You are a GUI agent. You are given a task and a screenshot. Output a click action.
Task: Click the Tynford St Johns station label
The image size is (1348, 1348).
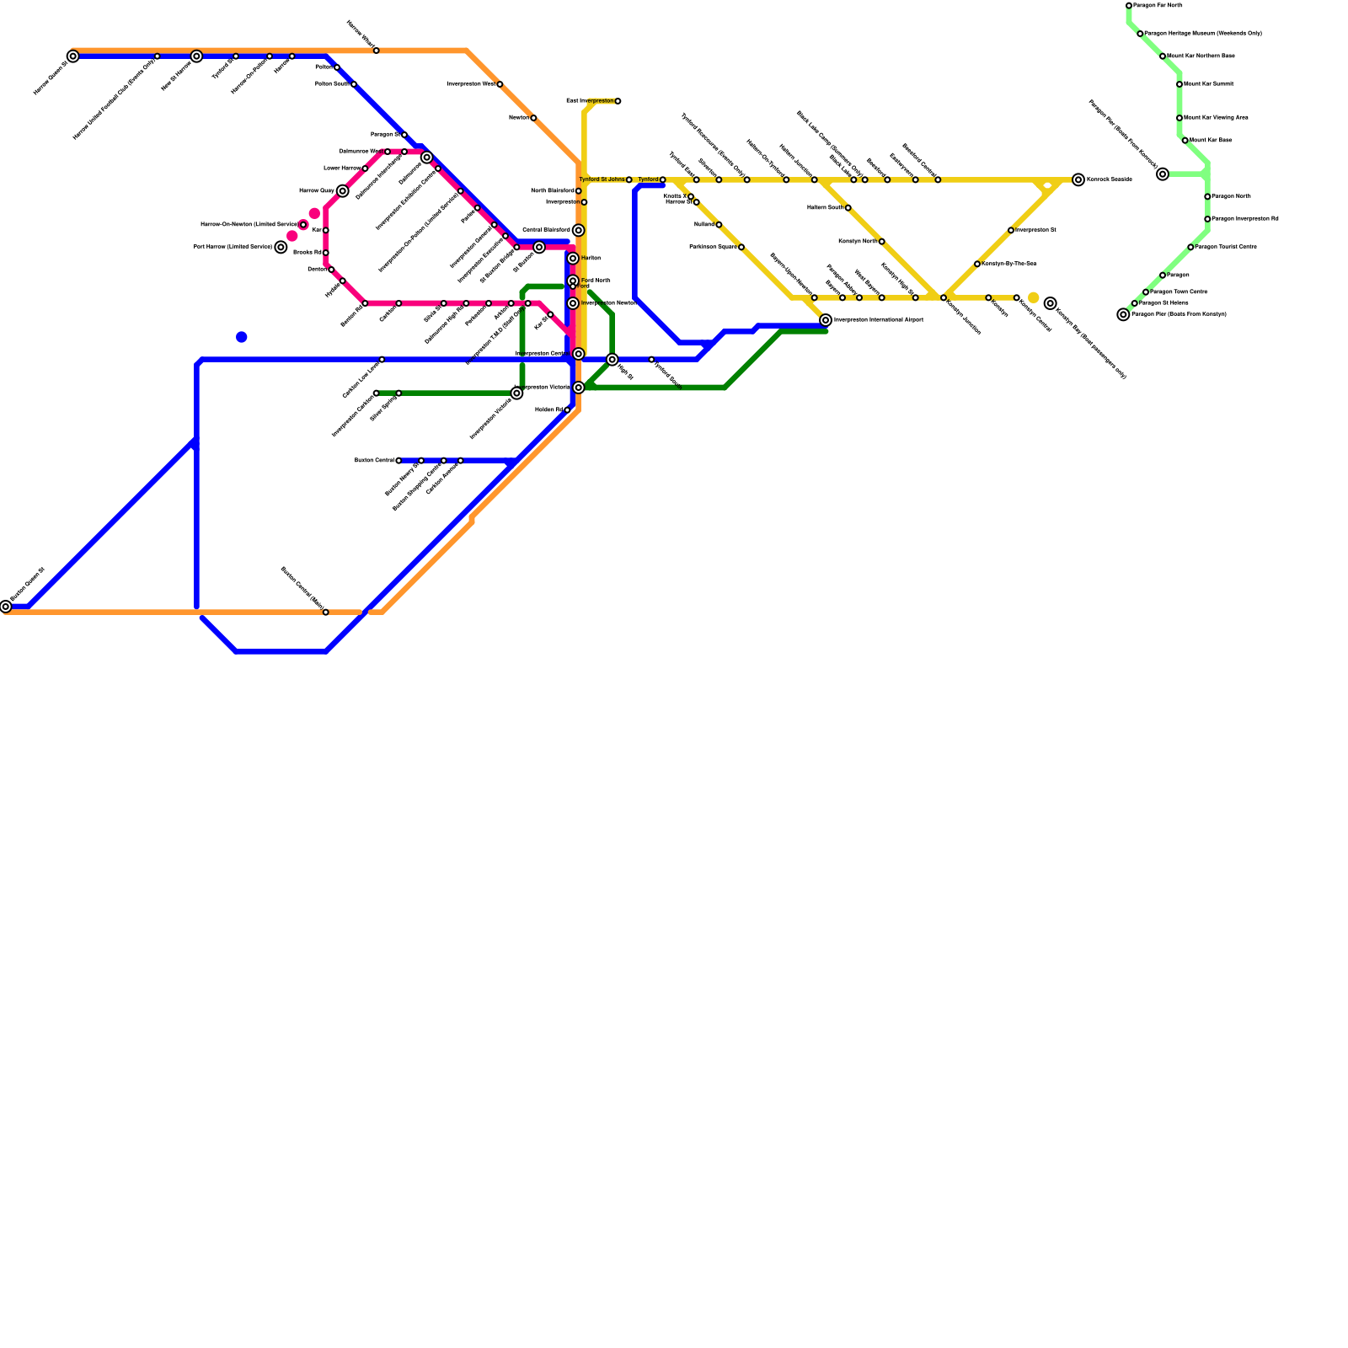(602, 179)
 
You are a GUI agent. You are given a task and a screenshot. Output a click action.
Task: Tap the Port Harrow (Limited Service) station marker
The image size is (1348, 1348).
(281, 247)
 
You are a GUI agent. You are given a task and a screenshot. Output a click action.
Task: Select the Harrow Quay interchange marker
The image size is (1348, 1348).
(342, 191)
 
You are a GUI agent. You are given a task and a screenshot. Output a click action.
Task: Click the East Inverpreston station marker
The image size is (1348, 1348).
(618, 101)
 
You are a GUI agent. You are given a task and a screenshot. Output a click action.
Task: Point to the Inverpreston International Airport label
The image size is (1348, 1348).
(878, 320)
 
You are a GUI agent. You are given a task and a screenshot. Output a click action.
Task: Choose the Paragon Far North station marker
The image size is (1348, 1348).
(1129, 6)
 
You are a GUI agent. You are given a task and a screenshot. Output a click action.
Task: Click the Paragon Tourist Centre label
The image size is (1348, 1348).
(1226, 247)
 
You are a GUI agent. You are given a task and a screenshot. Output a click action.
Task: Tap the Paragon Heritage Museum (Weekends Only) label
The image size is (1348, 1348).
(1203, 34)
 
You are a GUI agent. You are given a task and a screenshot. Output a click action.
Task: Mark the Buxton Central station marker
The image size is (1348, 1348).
(399, 461)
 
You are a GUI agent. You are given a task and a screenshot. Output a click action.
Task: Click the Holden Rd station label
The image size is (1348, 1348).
(549, 410)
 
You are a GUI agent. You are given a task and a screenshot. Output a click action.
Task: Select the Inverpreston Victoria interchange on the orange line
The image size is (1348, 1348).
(579, 388)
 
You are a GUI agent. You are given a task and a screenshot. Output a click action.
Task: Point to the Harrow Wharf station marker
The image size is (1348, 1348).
(376, 51)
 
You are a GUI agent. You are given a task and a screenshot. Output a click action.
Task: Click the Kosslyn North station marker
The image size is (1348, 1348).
(881, 242)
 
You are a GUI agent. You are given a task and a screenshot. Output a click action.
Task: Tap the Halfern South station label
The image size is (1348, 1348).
(825, 207)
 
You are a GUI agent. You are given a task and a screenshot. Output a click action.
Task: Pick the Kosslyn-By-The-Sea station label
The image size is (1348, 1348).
(1009, 264)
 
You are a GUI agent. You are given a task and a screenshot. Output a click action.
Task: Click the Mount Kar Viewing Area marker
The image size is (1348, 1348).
(1179, 118)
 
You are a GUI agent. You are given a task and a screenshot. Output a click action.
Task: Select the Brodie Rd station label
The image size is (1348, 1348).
(307, 253)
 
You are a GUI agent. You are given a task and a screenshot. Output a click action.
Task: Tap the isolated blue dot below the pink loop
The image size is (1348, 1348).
(242, 337)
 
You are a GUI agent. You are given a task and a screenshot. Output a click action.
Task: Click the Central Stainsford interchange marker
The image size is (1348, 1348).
(578, 230)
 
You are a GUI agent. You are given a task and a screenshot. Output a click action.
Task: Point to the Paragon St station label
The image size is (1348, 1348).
(385, 135)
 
